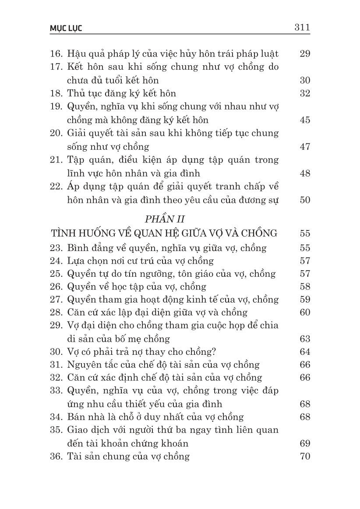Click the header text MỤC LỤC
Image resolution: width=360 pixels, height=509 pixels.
click(66, 28)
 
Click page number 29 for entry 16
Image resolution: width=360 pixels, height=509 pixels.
click(305, 54)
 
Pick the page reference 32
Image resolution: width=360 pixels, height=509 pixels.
click(305, 93)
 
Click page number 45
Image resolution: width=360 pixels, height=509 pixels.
click(305, 120)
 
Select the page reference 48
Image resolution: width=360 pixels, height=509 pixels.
click(305, 173)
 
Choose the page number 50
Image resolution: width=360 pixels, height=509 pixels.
click(305, 200)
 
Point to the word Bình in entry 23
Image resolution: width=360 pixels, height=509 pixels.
click(78, 247)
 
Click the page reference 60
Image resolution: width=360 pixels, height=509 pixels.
click(305, 312)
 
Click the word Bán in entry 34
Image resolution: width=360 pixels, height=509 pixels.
click(76, 417)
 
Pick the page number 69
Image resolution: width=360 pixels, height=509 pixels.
click(305, 443)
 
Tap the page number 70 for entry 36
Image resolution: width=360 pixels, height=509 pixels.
click(305, 456)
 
